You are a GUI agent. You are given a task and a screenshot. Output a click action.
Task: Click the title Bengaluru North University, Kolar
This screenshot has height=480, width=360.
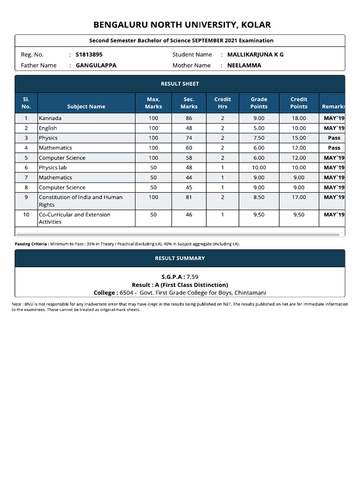click(182, 25)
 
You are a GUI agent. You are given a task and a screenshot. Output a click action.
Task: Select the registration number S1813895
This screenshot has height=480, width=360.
click(89, 54)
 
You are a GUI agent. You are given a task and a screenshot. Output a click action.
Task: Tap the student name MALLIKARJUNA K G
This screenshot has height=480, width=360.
click(255, 54)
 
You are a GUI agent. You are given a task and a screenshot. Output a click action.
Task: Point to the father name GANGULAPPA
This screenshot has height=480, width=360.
click(96, 66)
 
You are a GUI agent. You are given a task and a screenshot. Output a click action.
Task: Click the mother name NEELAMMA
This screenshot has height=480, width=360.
click(244, 66)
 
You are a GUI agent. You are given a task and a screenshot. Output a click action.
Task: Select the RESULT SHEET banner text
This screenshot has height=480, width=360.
click(180, 84)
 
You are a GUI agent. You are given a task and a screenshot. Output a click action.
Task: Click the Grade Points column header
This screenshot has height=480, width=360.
click(259, 103)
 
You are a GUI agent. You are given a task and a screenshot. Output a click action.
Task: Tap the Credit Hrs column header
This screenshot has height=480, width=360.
click(222, 103)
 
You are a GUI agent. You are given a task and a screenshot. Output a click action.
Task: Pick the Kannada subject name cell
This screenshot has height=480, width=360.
click(50, 118)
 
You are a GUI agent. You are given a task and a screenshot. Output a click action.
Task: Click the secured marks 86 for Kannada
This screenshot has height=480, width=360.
click(189, 118)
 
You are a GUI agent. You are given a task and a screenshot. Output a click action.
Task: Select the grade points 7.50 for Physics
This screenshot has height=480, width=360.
click(259, 138)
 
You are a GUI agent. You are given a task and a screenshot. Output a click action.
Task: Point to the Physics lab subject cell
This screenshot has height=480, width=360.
click(53, 167)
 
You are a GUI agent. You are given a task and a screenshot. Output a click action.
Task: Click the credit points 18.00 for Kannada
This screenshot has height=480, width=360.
click(299, 118)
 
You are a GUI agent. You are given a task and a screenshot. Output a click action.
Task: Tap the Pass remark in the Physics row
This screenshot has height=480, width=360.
click(334, 138)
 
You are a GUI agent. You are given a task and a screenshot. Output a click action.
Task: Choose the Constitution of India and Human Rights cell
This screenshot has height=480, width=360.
click(80, 201)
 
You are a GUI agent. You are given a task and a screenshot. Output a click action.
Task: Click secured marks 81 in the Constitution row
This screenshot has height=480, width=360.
click(189, 197)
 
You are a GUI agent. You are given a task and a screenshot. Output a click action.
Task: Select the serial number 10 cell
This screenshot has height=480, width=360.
click(26, 215)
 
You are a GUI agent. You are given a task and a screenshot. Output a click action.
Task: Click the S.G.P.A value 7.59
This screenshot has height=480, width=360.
click(195, 277)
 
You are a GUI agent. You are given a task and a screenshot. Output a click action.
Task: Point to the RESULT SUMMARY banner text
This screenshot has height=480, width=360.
click(180, 258)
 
